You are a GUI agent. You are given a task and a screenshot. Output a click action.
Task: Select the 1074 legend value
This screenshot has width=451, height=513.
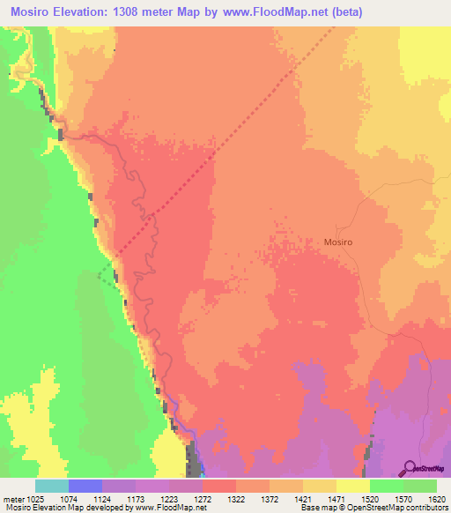[x=68, y=499]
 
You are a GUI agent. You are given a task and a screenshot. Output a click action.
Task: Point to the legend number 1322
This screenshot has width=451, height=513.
[x=236, y=499]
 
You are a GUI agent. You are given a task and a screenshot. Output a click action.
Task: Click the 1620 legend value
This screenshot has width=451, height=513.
[x=437, y=499]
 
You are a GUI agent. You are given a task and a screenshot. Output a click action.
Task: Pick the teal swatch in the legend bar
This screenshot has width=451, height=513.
[x=51, y=486]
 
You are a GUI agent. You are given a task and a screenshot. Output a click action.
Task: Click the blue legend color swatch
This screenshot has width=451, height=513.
[x=85, y=486]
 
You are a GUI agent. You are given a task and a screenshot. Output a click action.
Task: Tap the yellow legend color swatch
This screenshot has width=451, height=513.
[x=352, y=486]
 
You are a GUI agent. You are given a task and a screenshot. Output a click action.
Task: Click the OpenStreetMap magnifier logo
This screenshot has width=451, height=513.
[x=410, y=467]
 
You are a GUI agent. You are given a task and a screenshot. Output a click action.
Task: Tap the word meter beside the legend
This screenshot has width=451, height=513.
[x=11, y=499]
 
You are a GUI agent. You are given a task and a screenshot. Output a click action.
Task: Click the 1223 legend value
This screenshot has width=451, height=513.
[x=169, y=499]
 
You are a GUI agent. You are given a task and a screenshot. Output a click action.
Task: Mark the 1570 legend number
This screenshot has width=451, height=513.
[x=403, y=499]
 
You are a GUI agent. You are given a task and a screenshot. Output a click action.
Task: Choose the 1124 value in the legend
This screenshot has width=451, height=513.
[x=101, y=499]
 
